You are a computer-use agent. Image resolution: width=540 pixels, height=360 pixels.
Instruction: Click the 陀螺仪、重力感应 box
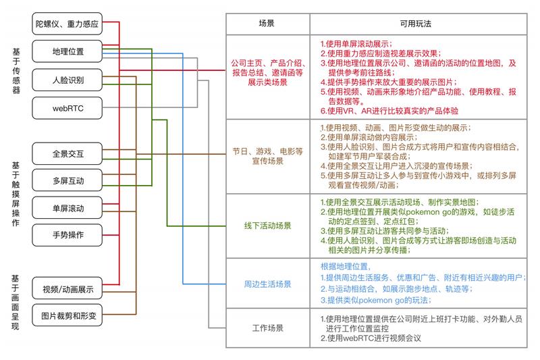[67, 24]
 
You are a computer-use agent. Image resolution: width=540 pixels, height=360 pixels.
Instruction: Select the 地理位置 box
[67, 51]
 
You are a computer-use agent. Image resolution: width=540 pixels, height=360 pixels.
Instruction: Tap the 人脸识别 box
[67, 80]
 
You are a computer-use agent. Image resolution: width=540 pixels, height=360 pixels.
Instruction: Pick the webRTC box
[67, 108]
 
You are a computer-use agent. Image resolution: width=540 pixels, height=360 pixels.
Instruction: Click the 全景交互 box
[67, 153]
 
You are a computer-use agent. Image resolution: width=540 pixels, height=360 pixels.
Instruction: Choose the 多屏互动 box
[67, 180]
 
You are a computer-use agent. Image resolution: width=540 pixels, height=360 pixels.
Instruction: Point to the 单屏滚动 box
[67, 208]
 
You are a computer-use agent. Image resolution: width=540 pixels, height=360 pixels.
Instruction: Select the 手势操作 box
[67, 235]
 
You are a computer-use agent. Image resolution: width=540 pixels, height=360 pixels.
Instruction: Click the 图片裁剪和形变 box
[67, 315]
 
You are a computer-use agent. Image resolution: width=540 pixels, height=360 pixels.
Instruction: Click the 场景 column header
[268, 24]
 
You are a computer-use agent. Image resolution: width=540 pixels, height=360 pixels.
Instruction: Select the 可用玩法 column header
[418, 24]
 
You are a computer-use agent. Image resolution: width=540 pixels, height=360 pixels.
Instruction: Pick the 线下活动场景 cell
[268, 226]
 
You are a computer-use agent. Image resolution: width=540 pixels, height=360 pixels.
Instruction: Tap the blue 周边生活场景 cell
[268, 284]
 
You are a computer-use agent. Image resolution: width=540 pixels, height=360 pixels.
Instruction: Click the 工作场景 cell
[268, 328]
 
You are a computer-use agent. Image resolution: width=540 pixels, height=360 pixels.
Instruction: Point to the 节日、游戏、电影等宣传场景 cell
[268, 157]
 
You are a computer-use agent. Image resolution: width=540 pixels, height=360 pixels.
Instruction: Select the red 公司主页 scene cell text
[268, 72]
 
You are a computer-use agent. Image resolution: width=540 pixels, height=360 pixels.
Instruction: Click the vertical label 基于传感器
[16, 71]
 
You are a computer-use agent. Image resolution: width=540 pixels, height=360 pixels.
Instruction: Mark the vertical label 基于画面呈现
[16, 303]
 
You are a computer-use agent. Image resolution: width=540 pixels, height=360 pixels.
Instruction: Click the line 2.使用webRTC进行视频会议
[371, 338]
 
